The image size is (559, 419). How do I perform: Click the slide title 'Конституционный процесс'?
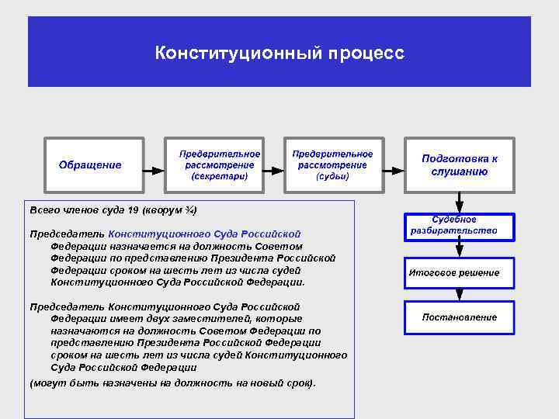(x=279, y=53)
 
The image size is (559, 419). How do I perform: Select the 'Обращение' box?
(x=94, y=164)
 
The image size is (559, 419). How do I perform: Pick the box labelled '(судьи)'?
(x=332, y=164)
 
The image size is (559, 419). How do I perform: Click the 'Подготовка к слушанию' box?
(x=460, y=164)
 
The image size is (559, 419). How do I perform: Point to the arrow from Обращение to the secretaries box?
(x=155, y=165)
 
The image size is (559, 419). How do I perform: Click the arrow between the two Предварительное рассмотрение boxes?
(x=273, y=165)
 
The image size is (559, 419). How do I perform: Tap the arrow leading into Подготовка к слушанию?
(x=393, y=165)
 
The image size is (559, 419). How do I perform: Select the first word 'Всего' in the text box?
(x=43, y=210)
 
